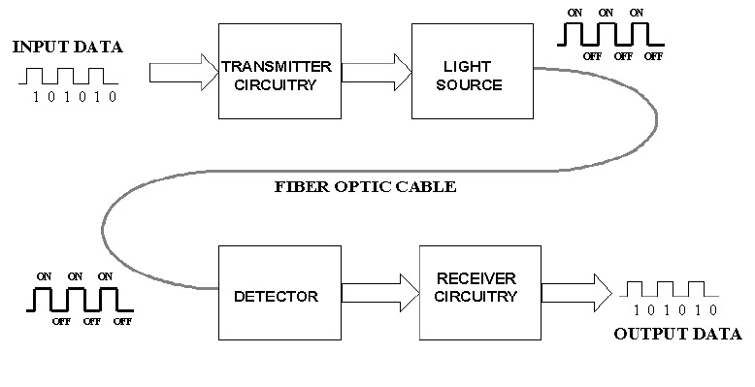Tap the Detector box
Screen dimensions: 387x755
(x=276, y=295)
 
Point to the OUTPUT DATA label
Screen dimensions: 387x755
(x=676, y=335)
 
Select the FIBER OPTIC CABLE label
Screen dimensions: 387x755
(x=364, y=186)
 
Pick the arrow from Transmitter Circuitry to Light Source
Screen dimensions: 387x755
(x=377, y=71)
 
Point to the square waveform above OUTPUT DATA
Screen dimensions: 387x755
(x=670, y=288)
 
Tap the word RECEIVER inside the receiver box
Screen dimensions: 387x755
(x=477, y=282)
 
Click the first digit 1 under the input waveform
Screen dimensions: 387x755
(x=36, y=97)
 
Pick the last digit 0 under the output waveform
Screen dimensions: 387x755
(x=712, y=310)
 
